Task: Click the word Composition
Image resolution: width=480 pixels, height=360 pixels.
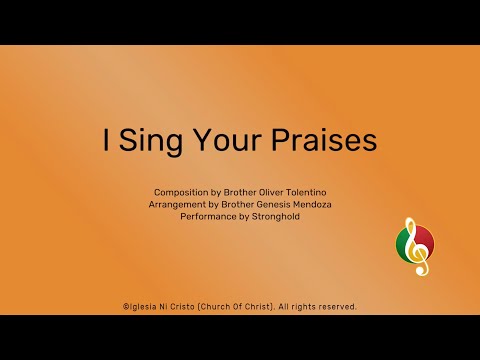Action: coord(181,191)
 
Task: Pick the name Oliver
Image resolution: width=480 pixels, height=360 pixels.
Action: coord(272,191)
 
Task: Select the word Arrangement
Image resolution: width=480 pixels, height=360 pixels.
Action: coord(182,203)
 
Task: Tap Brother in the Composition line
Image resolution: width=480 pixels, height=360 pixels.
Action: coord(237,191)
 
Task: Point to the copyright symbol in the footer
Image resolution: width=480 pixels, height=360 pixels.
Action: coord(125,306)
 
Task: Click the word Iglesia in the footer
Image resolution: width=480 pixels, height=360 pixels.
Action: coord(144,306)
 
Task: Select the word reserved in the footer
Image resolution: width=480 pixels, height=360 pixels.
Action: coord(336,306)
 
